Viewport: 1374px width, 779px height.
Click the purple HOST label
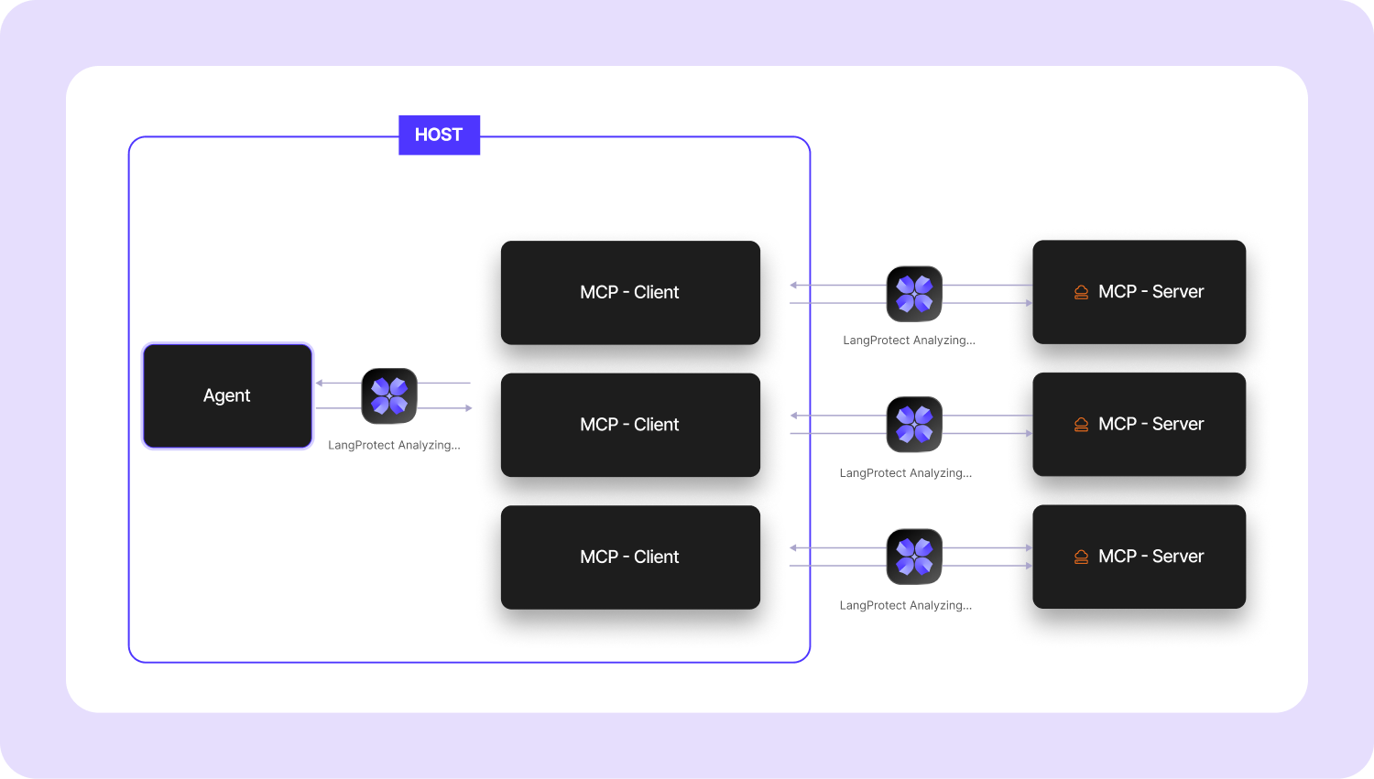[x=439, y=135]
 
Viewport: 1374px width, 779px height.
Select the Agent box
[x=227, y=395]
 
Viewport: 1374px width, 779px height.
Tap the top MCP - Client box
[x=630, y=292]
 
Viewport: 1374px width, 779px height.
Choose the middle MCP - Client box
[x=630, y=425]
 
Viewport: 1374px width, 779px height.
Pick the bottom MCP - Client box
[x=630, y=557]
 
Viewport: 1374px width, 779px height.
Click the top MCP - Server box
[x=1139, y=292]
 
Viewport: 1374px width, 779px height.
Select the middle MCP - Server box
[x=1139, y=424]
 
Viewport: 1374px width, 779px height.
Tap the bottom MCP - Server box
[x=1139, y=557]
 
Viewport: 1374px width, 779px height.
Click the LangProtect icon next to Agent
[x=389, y=395]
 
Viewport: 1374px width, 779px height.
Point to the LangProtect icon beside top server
[x=914, y=294]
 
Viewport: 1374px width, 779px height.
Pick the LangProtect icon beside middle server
[x=914, y=425]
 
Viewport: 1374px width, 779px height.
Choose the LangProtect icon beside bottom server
[x=914, y=557]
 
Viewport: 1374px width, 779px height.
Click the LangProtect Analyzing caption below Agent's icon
[x=394, y=446]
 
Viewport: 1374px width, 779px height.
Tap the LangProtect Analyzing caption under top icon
[x=909, y=341]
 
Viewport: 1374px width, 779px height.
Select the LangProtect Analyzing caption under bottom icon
[x=905, y=605]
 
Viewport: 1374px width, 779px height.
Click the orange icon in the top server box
[x=1081, y=292]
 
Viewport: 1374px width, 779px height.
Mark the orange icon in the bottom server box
[x=1081, y=557]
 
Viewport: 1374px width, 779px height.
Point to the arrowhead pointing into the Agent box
[x=320, y=383]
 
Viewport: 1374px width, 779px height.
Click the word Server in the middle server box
[x=1178, y=424]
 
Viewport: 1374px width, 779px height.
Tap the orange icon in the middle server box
[x=1081, y=425]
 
